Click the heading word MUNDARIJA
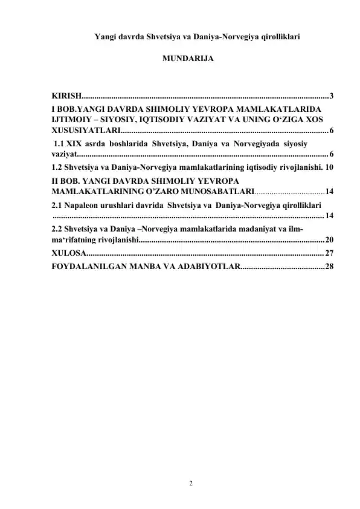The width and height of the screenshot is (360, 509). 187,61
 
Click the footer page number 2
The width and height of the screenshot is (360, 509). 191,484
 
